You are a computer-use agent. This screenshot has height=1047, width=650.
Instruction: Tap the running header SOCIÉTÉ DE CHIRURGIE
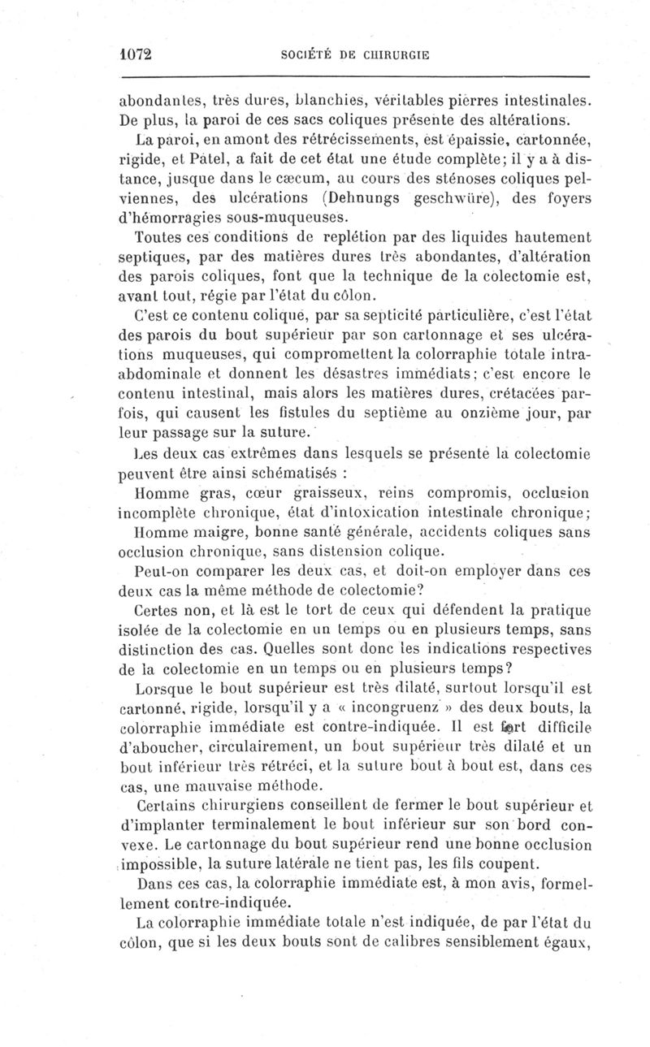tap(353, 54)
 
